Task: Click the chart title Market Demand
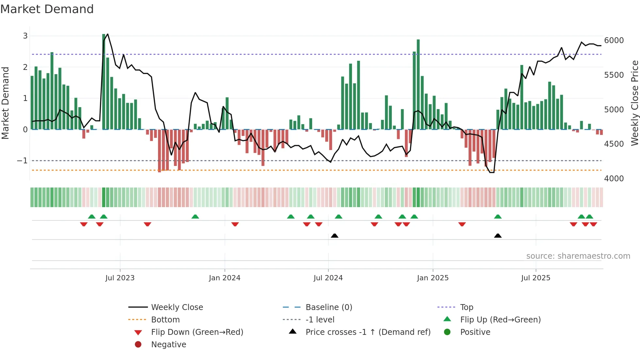pyautogui.click(x=47, y=9)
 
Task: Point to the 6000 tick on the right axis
pyautogui.click(x=614, y=41)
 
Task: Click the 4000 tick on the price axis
pyautogui.click(x=614, y=179)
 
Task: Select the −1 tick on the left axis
pyautogui.click(x=22, y=161)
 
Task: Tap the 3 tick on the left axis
pyautogui.click(x=25, y=36)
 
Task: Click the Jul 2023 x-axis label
pyautogui.click(x=120, y=278)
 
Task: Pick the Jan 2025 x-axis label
pyautogui.click(x=433, y=278)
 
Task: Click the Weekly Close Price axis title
pyautogui.click(x=634, y=103)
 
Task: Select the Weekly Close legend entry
pyautogui.click(x=177, y=307)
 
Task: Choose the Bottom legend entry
pyautogui.click(x=165, y=320)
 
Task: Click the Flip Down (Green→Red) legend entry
pyautogui.click(x=197, y=332)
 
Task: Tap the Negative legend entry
pyautogui.click(x=168, y=345)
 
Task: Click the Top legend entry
pyautogui.click(x=466, y=307)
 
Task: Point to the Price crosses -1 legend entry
pyautogui.click(x=368, y=332)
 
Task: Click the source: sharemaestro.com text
pyautogui.click(x=578, y=256)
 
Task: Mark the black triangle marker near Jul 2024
pyautogui.click(x=334, y=236)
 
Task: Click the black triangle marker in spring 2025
pyautogui.click(x=498, y=236)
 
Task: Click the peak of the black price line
pyautogui.click(x=108, y=34)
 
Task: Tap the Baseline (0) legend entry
pyautogui.click(x=328, y=307)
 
